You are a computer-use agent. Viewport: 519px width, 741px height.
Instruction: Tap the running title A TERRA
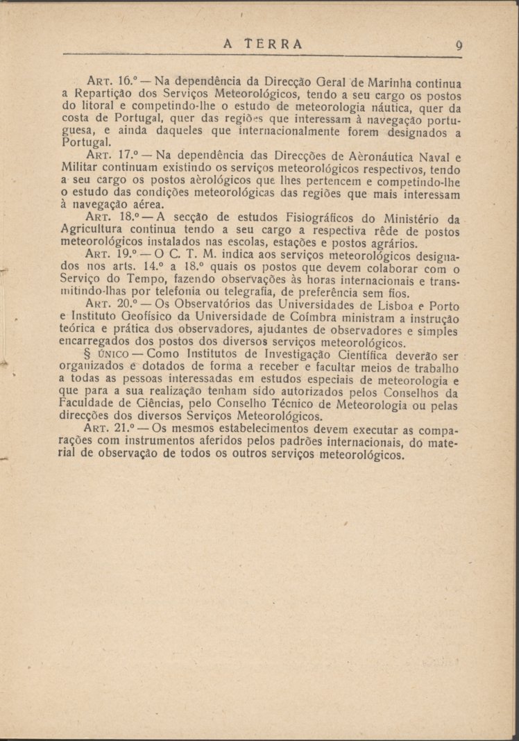point(263,44)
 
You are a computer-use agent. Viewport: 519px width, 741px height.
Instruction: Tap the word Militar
point(80,169)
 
